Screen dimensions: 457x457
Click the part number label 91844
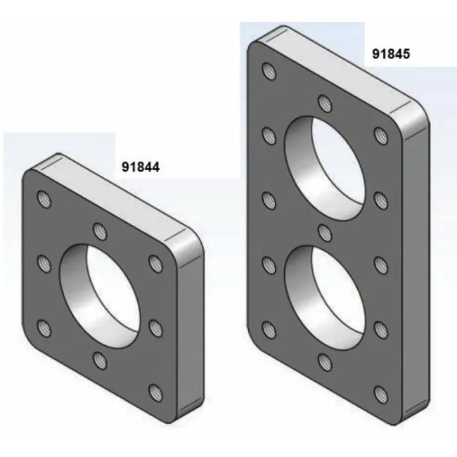tap(141, 167)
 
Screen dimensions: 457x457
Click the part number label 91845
tap(391, 54)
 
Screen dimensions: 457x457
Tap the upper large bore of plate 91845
tap(324, 168)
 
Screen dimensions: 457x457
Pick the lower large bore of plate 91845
tap(324, 297)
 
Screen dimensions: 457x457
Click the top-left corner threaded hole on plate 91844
tap(44, 199)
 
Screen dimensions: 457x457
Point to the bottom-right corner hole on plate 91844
tap(156, 393)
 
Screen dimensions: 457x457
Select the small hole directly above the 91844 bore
tap(100, 231)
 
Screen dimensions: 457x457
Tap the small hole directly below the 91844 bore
tap(100, 360)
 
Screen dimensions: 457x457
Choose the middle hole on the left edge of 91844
tap(44, 264)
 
